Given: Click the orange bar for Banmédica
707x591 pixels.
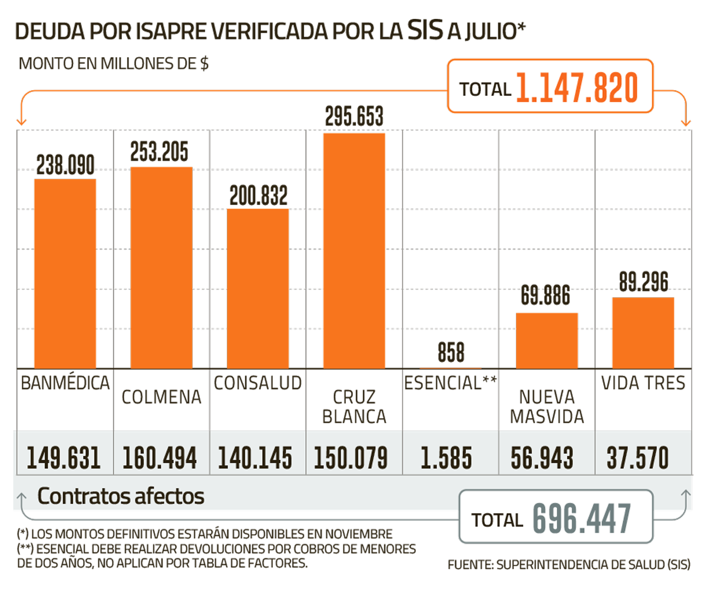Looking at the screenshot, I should click(65, 273).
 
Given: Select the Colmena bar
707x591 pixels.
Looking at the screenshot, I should click(161, 267).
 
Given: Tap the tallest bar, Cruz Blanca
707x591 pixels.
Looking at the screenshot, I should click(354, 250).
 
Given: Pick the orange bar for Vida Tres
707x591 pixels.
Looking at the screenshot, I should click(643, 333).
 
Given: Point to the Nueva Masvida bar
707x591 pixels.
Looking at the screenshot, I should click(547, 340).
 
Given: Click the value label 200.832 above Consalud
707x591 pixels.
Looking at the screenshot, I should click(259, 196).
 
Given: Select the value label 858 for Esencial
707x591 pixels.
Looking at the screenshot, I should click(451, 353).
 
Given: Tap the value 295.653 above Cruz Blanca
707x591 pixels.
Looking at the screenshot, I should click(354, 117).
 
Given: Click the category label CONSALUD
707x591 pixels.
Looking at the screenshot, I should click(257, 383).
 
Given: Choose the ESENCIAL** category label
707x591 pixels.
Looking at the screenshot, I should click(451, 383).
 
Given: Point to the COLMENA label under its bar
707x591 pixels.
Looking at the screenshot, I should click(161, 397).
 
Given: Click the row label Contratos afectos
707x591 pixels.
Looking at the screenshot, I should click(121, 496).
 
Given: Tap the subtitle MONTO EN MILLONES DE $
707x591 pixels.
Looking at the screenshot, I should click(115, 64).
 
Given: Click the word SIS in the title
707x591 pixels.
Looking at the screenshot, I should click(424, 31).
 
